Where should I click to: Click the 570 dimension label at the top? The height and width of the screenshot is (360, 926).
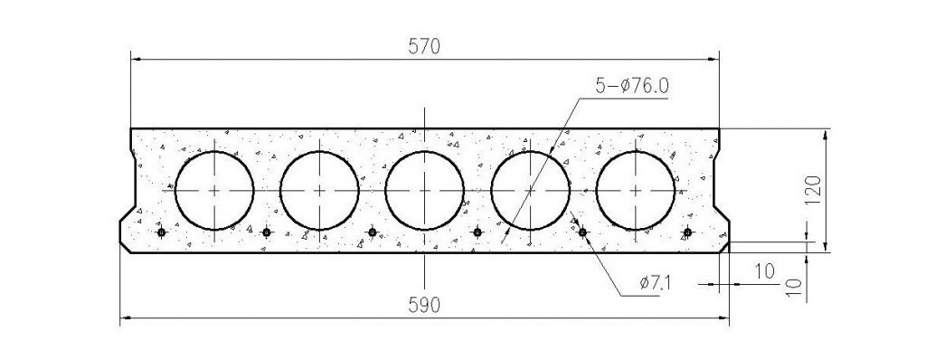pyautogui.click(x=424, y=47)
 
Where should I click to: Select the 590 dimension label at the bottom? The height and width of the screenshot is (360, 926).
pyautogui.click(x=424, y=305)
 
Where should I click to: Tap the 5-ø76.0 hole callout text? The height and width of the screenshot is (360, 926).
pyautogui.click(x=631, y=86)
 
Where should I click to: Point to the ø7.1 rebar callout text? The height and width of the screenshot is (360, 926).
pyautogui.click(x=655, y=283)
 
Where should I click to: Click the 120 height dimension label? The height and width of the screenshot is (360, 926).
pyautogui.click(x=813, y=190)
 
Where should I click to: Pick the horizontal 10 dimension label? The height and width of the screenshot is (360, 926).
pyautogui.click(x=765, y=271)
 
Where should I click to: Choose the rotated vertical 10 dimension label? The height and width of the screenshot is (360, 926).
pyautogui.click(x=795, y=288)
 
